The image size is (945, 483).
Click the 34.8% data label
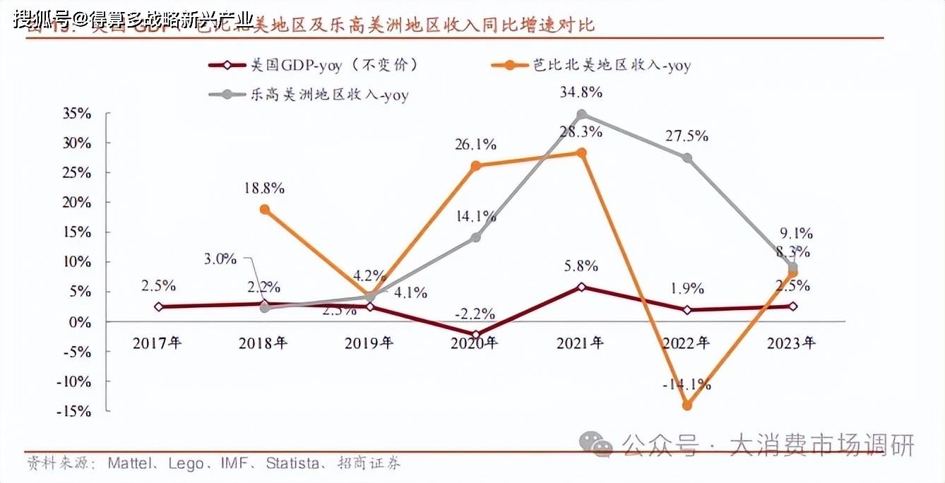[x=581, y=92]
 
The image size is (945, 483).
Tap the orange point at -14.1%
[x=687, y=405]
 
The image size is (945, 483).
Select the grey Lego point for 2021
[x=581, y=114]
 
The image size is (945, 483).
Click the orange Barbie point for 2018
[x=264, y=209]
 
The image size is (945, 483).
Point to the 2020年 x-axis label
[x=475, y=344]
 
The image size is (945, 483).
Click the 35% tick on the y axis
[x=78, y=114]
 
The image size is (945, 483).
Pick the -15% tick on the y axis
[x=75, y=411]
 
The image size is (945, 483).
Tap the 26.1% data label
[x=475, y=144]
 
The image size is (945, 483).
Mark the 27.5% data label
[x=687, y=136]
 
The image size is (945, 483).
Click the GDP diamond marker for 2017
[x=158, y=306]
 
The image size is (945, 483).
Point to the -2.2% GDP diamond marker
[x=475, y=334]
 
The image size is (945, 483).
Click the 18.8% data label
[x=263, y=188]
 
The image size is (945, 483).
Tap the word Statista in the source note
[x=291, y=464]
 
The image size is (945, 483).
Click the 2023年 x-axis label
[x=792, y=344]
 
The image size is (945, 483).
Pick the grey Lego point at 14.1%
[x=475, y=237]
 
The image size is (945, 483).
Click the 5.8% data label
[x=581, y=266]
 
